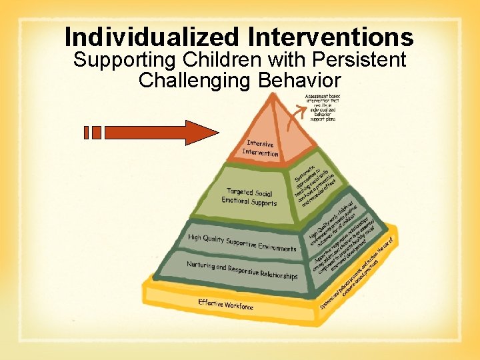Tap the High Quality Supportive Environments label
[242, 243]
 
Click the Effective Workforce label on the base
[225, 305]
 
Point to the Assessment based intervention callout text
[321, 107]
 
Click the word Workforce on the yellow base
[239, 306]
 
